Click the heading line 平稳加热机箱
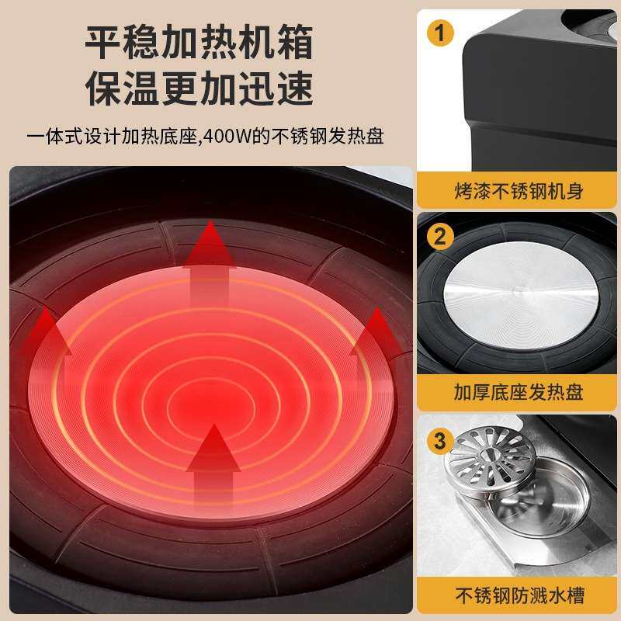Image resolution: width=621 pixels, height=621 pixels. (199, 42)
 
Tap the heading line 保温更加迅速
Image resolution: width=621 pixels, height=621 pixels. (199, 88)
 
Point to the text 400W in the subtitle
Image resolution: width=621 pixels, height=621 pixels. (227, 137)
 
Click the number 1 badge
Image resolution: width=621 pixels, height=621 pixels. (439, 33)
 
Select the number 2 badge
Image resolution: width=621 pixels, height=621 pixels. (439, 237)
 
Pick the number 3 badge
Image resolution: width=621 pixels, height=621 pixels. (439, 440)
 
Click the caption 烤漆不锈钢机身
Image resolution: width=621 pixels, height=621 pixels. (519, 191)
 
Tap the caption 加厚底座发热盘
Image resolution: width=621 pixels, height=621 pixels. (519, 393)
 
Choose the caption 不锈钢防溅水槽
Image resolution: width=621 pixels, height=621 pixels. (519, 595)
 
